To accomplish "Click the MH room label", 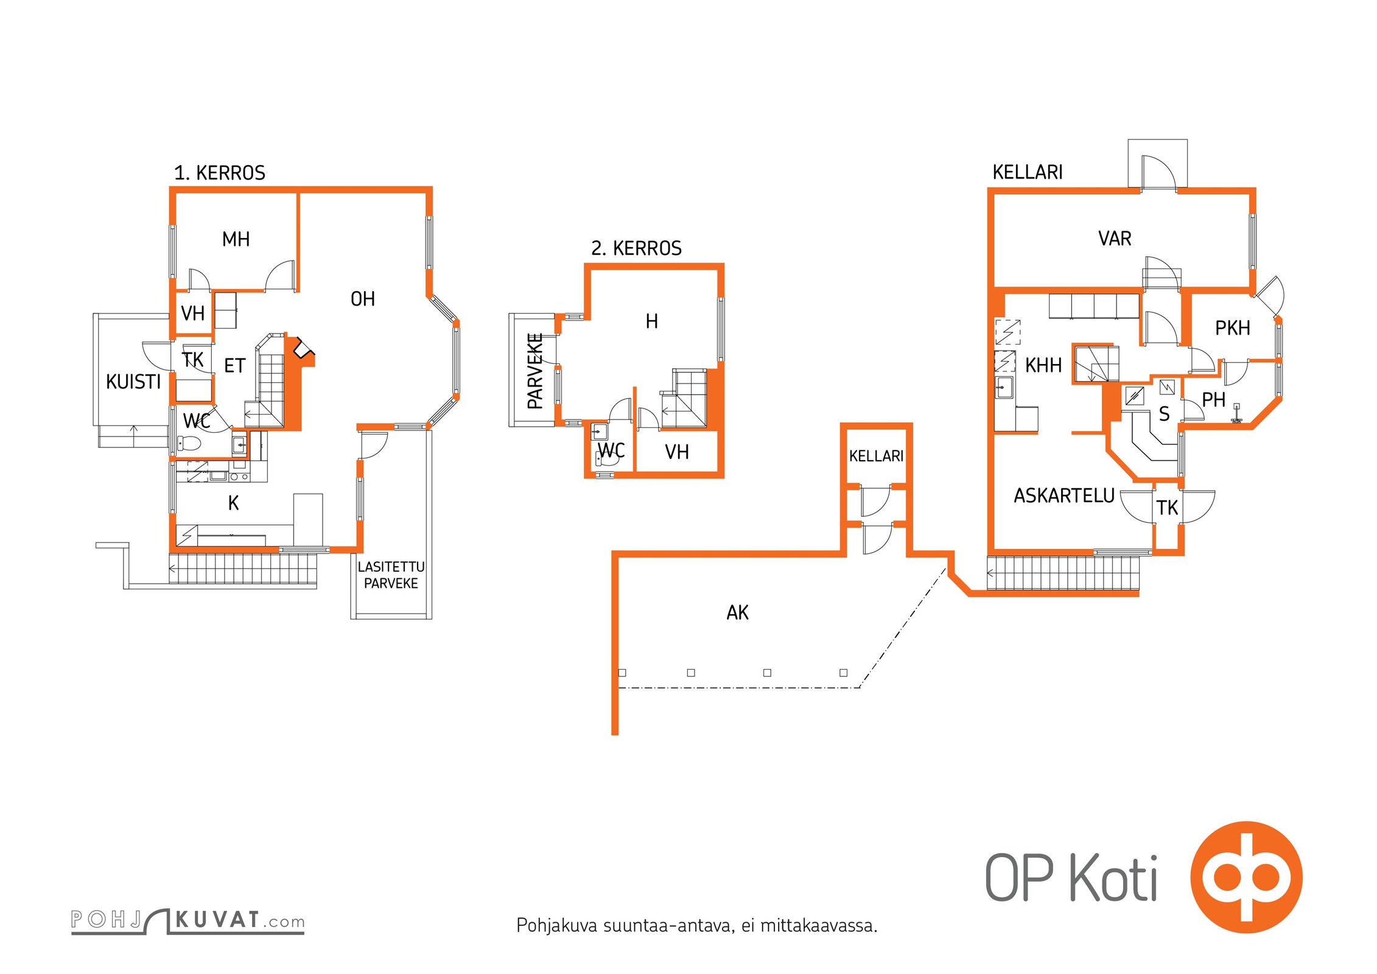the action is coord(236,239).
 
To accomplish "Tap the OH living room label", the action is coord(363,299).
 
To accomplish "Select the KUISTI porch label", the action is coord(133,382).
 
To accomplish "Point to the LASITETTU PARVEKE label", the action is coord(391,575).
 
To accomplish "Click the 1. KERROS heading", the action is coord(220,173).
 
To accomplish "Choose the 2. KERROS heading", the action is coord(637,248).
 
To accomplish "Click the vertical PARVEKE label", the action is coord(535,371).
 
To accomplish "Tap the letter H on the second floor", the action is coord(652,321).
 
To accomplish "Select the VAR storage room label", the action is coord(1115,238).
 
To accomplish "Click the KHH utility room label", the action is coord(1043,365).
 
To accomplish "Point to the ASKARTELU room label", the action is coord(1064,496).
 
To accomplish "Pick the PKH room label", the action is coord(1233,328).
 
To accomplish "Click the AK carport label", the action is coord(738,612).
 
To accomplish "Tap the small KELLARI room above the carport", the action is coord(876,456).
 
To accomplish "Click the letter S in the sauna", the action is coord(1164,414).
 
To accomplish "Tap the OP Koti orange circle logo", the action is coord(1247,877).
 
